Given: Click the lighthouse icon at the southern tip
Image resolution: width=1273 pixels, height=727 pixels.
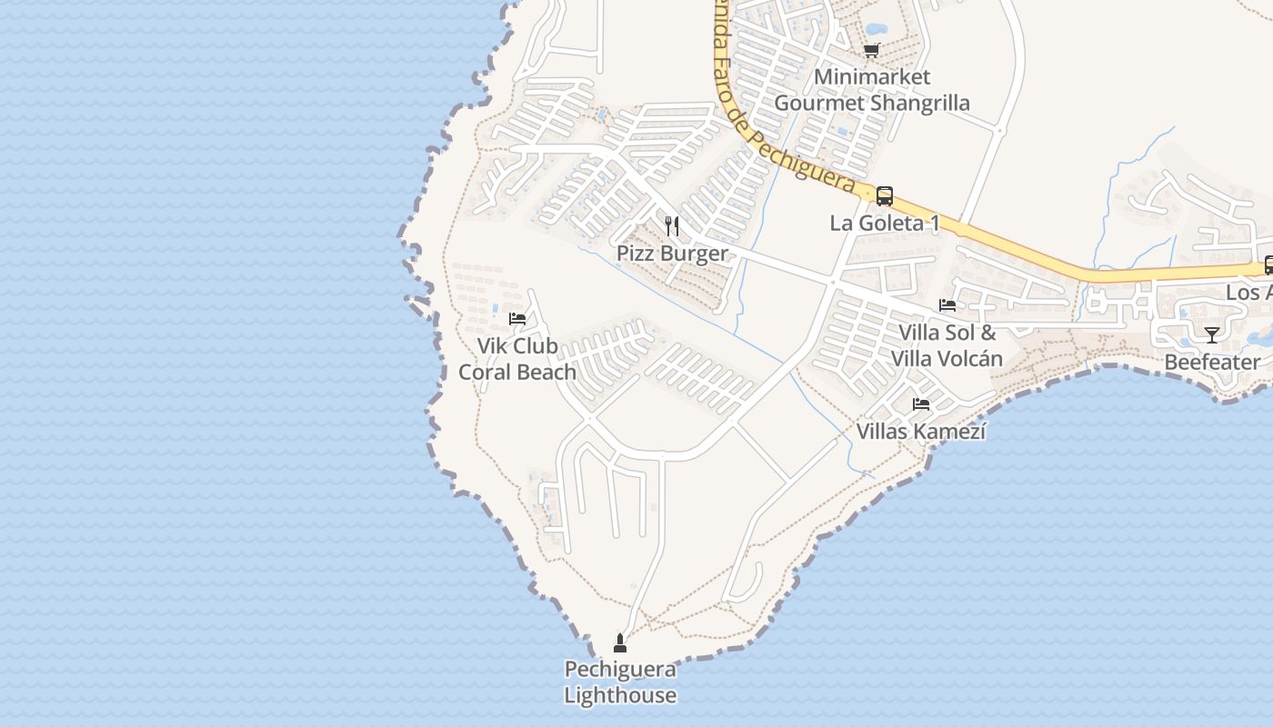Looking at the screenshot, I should pyautogui.click(x=620, y=644).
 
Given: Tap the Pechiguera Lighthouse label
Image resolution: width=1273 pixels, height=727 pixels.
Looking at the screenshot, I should pyautogui.click(x=620, y=682).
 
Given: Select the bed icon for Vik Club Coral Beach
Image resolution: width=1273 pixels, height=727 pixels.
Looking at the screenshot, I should pyautogui.click(x=517, y=319).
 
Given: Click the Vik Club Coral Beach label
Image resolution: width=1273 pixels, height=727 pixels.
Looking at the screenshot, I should pyautogui.click(x=517, y=359).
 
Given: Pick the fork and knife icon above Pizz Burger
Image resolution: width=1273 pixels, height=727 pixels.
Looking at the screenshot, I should pyautogui.click(x=672, y=225).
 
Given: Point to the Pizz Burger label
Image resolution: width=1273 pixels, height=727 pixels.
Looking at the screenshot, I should pyautogui.click(x=672, y=254).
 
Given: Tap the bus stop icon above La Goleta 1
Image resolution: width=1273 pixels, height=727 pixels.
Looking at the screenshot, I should pyautogui.click(x=884, y=195).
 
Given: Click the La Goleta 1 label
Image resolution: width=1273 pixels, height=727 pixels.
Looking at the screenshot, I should pyautogui.click(x=884, y=223).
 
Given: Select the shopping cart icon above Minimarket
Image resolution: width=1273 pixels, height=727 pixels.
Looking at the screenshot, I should pyautogui.click(x=871, y=50).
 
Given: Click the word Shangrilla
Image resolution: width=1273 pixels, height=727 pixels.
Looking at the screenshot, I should pyautogui.click(x=919, y=103).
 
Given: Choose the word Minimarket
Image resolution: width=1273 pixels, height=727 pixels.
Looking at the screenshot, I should pyautogui.click(x=871, y=77).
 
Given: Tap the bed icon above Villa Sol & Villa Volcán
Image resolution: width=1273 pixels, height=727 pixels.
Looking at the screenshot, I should pyautogui.click(x=947, y=305).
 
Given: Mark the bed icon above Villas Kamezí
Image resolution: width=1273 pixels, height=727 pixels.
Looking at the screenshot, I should pyautogui.click(x=921, y=403).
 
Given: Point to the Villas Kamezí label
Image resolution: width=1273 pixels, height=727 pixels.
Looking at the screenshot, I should pyautogui.click(x=921, y=431).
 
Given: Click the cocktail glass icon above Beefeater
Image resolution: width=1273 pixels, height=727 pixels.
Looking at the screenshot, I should pyautogui.click(x=1211, y=334).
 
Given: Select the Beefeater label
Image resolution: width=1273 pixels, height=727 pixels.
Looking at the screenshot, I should pyautogui.click(x=1212, y=363).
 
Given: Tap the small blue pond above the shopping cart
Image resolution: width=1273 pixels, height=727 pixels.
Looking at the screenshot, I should pyautogui.click(x=877, y=29).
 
